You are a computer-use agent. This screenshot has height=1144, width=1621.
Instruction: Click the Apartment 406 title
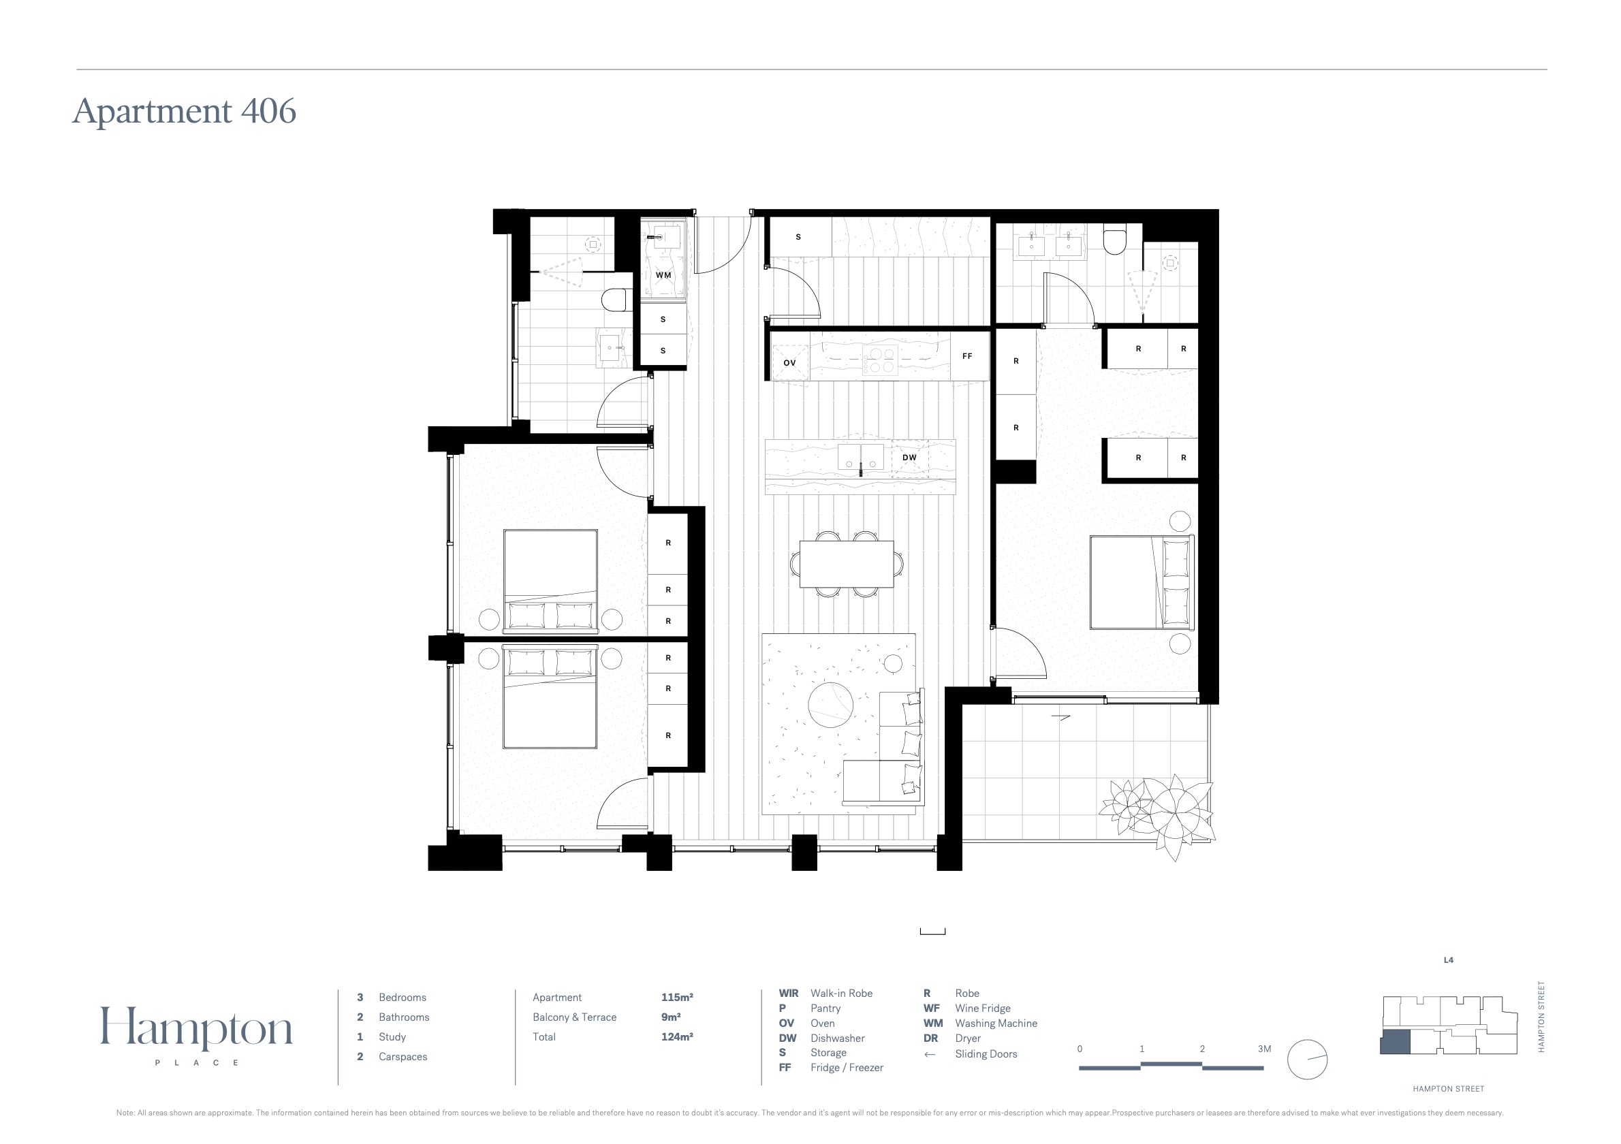[185, 111]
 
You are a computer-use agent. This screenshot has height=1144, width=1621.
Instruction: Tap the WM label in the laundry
[663, 275]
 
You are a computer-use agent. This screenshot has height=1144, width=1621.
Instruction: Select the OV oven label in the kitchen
[789, 363]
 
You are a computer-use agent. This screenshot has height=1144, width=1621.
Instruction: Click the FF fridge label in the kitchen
[967, 356]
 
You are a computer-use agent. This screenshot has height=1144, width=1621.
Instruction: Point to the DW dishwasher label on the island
[909, 458]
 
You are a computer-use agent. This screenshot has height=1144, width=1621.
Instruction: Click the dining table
[847, 564]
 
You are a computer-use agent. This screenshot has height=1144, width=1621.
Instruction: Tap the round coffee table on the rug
[830, 704]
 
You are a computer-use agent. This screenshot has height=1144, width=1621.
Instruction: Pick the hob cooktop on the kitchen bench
[880, 361]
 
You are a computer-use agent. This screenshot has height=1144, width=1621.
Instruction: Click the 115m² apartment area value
[677, 997]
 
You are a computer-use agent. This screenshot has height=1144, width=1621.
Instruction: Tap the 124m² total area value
[677, 1036]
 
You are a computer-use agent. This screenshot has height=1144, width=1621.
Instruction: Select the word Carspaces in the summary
[403, 1056]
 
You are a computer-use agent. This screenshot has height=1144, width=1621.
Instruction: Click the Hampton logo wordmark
[196, 1028]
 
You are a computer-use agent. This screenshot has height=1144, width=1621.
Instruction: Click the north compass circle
[1308, 1060]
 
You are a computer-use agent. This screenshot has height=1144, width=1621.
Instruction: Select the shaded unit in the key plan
[1395, 1043]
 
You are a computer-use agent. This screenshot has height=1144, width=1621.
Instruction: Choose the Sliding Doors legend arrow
[930, 1054]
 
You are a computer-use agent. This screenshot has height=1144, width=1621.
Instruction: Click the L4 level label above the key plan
[1448, 960]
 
